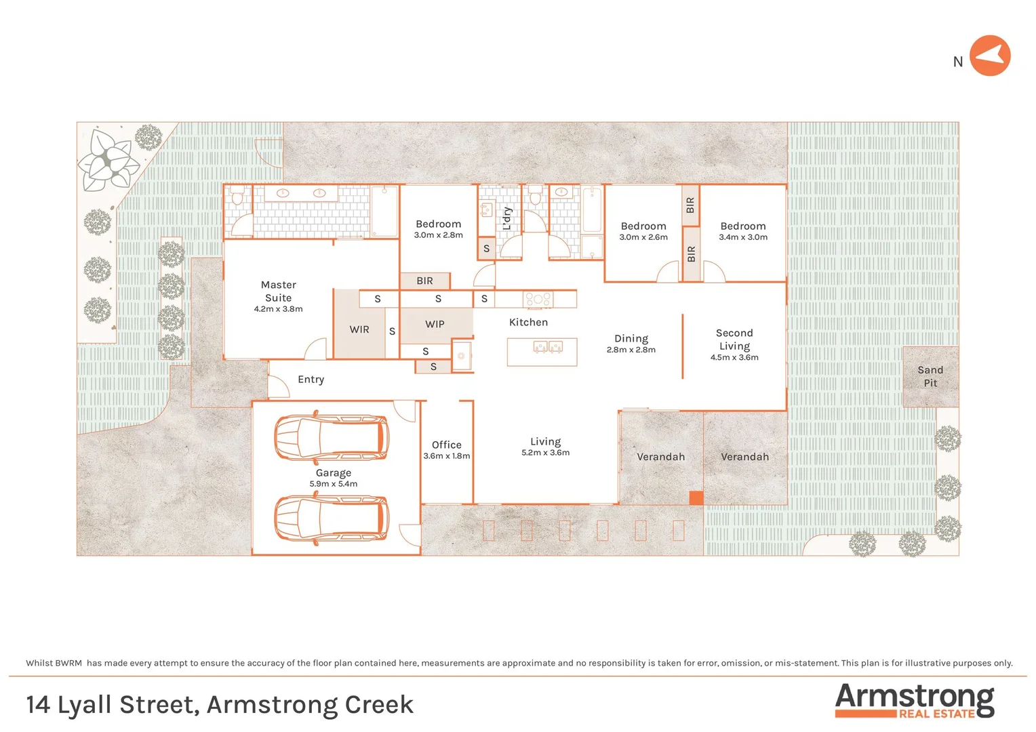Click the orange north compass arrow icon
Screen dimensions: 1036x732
click(990, 56)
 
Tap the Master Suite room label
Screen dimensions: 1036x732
click(279, 291)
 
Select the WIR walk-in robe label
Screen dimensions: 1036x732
click(359, 329)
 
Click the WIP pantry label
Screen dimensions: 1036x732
click(435, 325)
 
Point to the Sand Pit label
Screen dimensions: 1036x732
click(930, 376)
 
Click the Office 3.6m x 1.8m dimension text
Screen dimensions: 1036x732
click(446, 456)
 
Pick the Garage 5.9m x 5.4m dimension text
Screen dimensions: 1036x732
click(333, 484)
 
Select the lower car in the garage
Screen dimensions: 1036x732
click(332, 518)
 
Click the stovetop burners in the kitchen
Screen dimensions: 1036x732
click(538, 298)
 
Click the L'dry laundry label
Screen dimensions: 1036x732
click(506, 219)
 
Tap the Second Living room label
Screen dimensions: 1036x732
click(734, 339)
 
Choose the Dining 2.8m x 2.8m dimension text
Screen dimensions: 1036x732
click(631, 350)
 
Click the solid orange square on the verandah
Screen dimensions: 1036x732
click(696, 497)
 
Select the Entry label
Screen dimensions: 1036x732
click(311, 380)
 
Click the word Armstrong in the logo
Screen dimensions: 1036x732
click(914, 697)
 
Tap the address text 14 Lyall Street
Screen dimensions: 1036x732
click(113, 705)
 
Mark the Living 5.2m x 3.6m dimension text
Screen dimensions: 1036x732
click(545, 453)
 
